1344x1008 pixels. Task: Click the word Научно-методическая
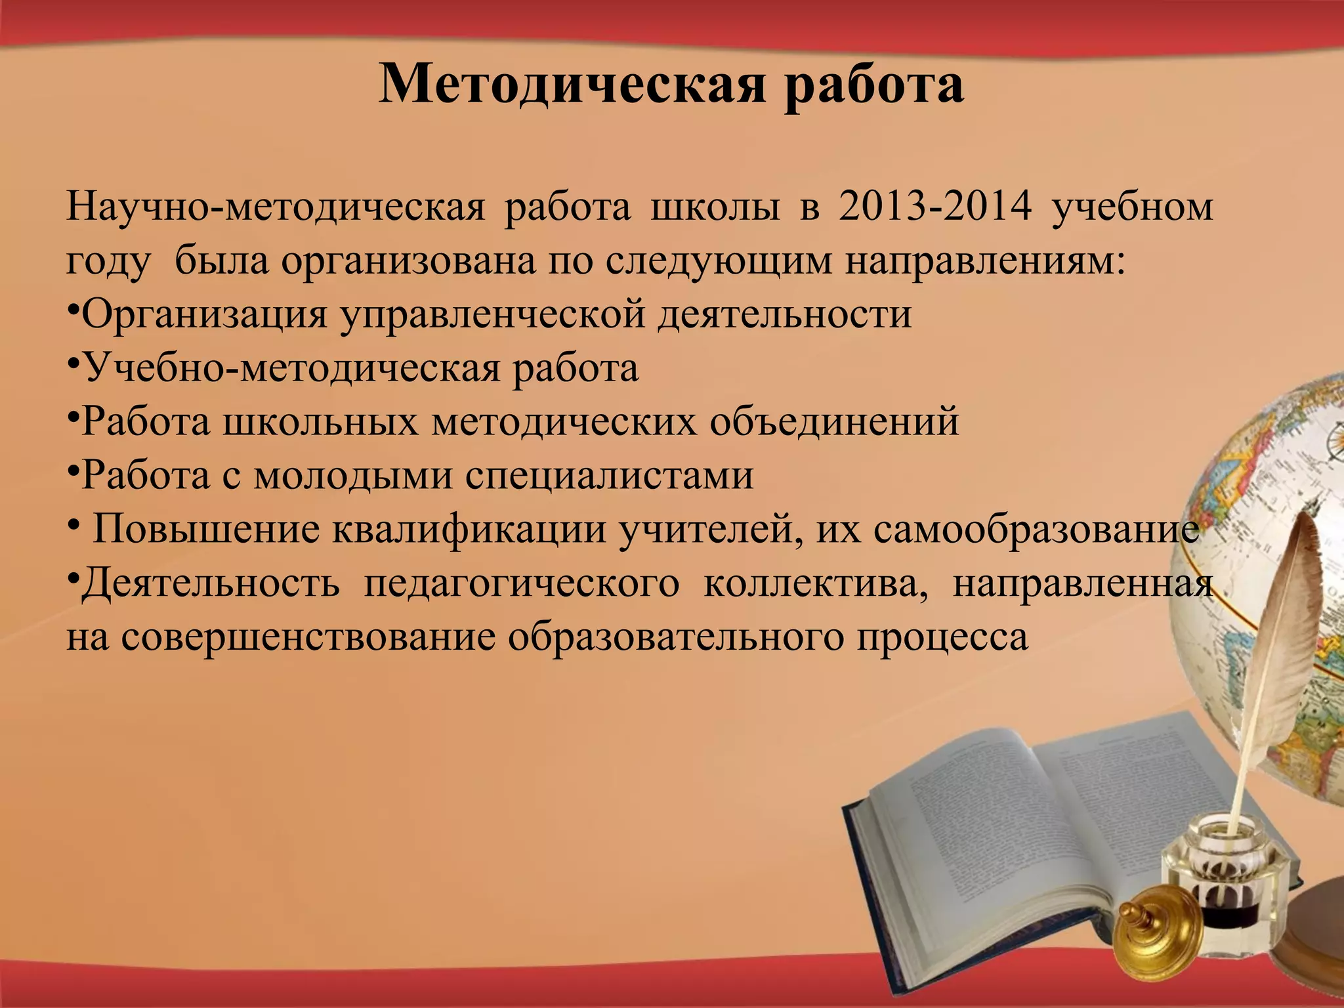(276, 207)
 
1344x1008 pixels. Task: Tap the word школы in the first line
(715, 207)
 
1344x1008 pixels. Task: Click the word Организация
(203, 315)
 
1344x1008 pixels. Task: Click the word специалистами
(610, 475)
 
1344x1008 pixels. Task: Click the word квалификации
(469, 529)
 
